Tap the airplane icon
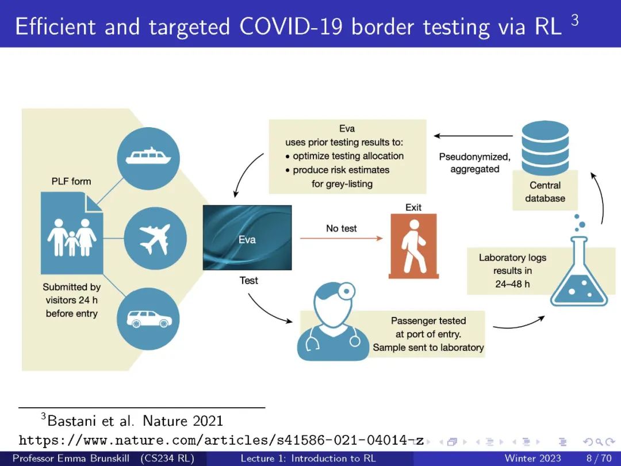point(155,239)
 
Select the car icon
point(148,319)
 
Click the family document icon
point(72,233)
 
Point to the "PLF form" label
point(71,181)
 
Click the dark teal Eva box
point(247,238)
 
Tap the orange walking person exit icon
point(414,246)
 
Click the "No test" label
point(342,228)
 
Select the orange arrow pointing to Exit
point(342,238)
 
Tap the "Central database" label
point(545,192)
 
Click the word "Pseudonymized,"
point(475,157)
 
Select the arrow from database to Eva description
point(473,136)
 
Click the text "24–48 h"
point(512,284)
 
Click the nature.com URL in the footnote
point(221,440)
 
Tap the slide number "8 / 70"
point(599,459)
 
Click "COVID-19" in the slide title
point(291,26)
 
